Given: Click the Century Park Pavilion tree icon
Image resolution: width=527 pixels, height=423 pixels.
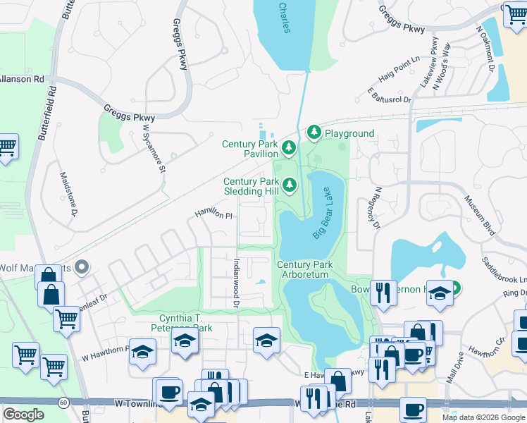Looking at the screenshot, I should coord(288,147).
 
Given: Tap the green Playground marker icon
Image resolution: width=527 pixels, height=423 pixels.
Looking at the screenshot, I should coord(314,133).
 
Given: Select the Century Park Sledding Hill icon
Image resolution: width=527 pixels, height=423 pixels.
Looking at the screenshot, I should coord(289,185).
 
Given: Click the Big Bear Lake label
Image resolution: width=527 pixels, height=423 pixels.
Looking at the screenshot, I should coord(321,213).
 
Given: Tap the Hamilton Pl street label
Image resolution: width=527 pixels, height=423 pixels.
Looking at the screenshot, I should coord(213,214).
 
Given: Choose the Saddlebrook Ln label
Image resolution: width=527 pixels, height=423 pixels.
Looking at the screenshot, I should coord(504,270).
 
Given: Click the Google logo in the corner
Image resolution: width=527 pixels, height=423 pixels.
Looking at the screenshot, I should coord(23,414).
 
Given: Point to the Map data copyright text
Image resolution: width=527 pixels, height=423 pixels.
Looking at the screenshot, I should coord(483,417).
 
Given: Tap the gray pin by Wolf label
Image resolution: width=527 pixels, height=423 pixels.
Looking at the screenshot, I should coord(82,267).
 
